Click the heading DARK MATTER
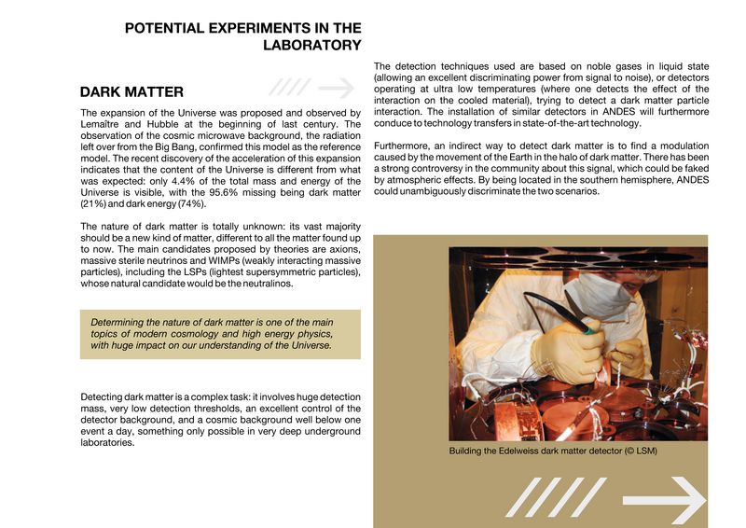[x=131, y=92]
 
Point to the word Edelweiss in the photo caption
[x=529, y=452]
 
